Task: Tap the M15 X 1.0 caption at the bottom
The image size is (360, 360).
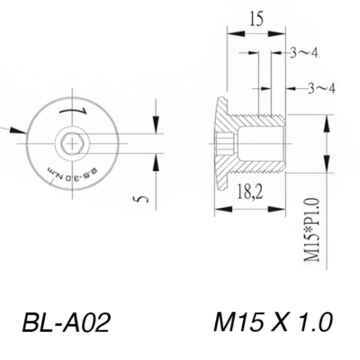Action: click(x=274, y=322)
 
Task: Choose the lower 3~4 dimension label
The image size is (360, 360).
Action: click(x=321, y=87)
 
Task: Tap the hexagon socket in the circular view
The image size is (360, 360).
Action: click(x=71, y=141)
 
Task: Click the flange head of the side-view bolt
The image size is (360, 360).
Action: click(x=221, y=141)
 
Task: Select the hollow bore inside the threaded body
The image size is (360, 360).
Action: click(x=261, y=141)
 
